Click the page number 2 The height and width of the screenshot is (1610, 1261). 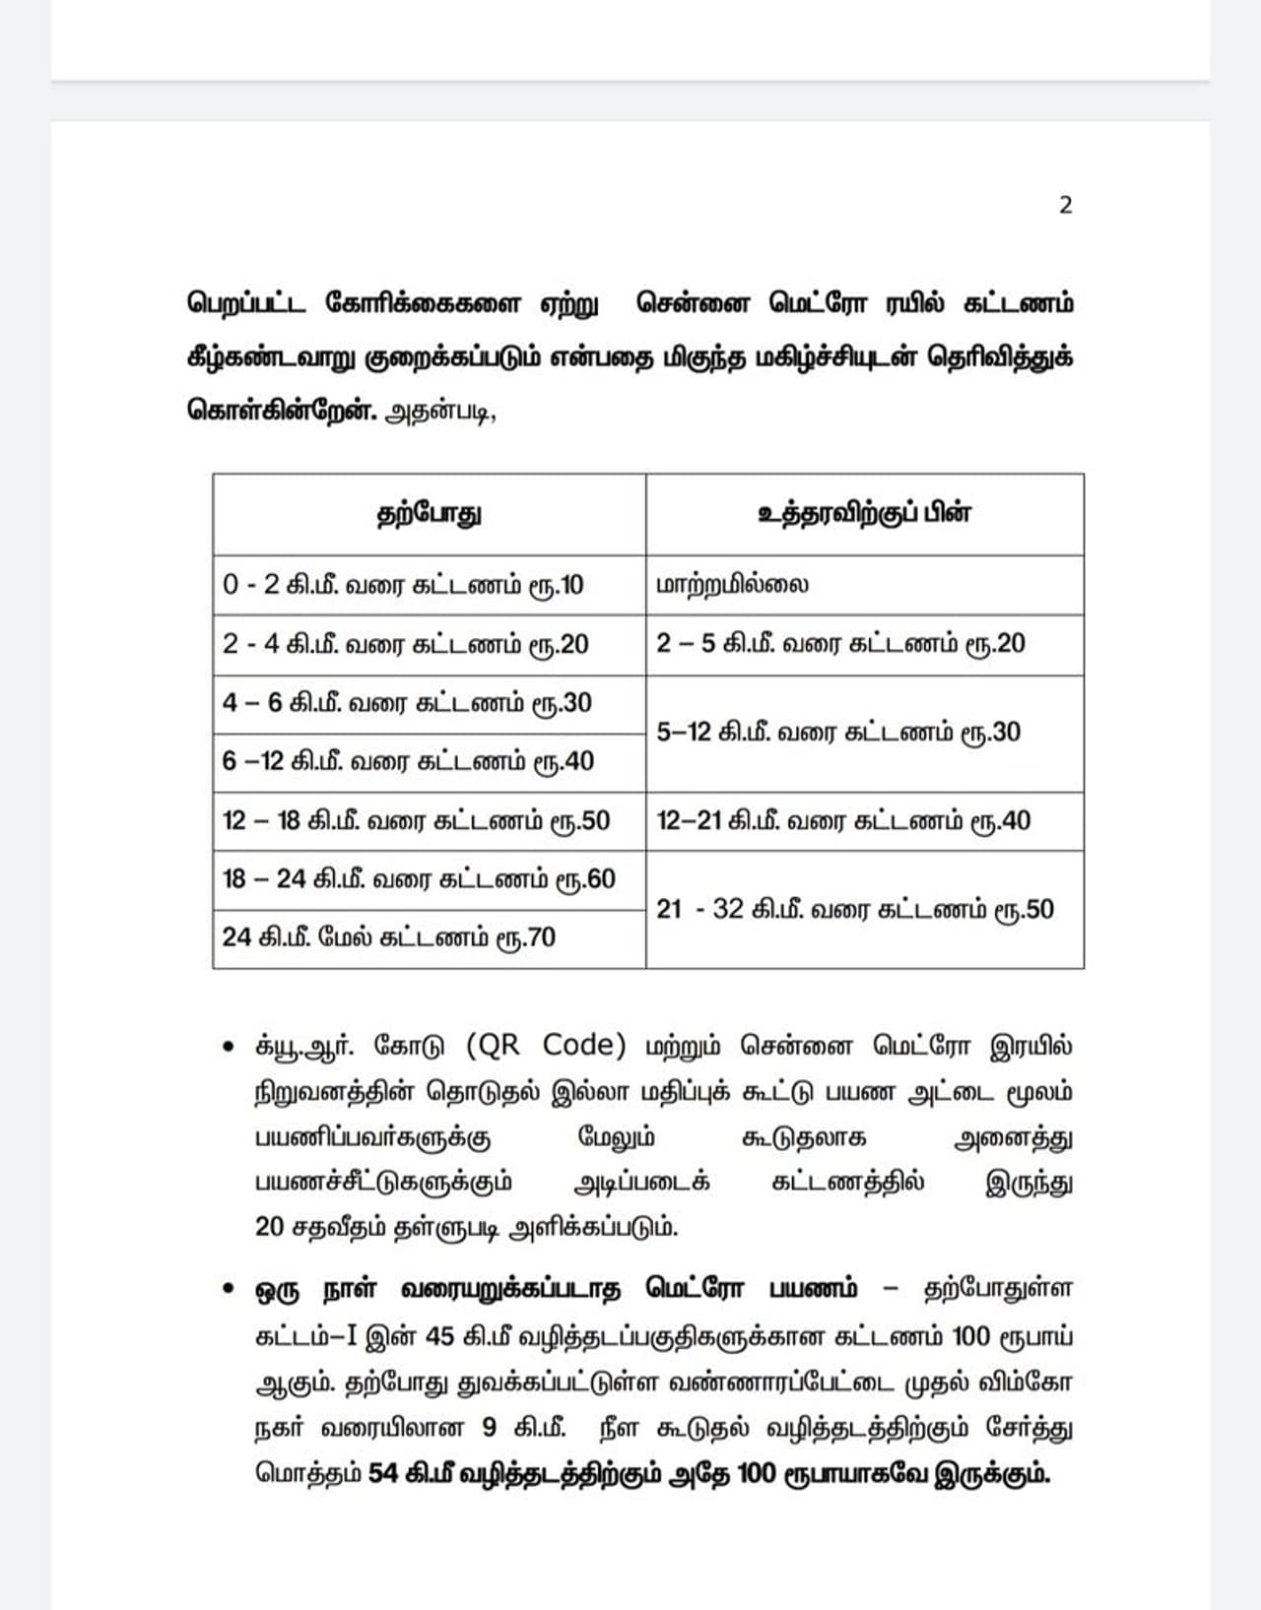click(1065, 206)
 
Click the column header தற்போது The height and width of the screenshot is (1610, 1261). click(430, 514)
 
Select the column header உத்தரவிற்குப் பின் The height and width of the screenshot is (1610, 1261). click(864, 514)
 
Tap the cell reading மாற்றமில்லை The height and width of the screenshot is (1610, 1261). click(732, 585)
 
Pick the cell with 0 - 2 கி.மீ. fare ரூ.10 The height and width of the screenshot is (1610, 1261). click(403, 585)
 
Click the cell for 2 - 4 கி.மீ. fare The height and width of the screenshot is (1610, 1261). click(405, 645)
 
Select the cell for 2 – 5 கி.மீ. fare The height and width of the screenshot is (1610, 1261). click(840, 644)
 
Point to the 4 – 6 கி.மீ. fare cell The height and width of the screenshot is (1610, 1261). click(407, 703)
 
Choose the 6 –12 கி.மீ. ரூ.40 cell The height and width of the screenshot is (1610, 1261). click(408, 761)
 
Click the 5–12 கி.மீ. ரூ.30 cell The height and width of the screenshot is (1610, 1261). click(838, 733)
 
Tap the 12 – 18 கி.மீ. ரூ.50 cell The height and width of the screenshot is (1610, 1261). click(416, 820)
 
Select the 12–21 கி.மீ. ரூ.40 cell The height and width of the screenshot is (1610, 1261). click(843, 820)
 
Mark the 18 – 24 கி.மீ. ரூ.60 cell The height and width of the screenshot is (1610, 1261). click(419, 878)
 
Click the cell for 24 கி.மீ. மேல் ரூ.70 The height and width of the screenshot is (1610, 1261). click(389, 937)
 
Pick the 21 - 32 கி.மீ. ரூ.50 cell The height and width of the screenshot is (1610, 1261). click(855, 909)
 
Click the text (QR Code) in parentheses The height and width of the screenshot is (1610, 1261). click(545, 1045)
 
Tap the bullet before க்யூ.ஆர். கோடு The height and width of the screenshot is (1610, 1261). click(229, 1047)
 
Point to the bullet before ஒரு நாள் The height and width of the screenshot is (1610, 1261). click(229, 1289)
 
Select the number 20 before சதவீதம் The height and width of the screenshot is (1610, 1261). click(269, 1227)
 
